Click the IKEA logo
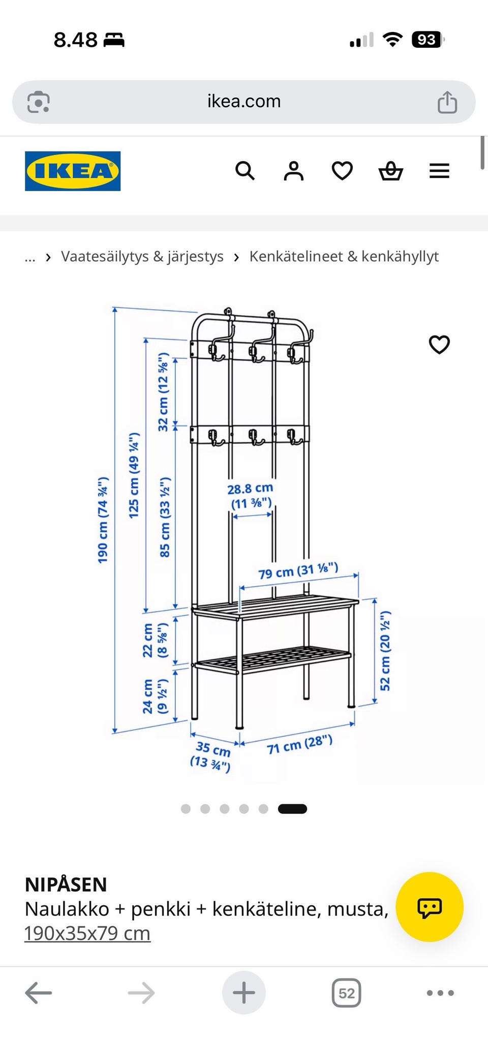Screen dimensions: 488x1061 [x=73, y=171]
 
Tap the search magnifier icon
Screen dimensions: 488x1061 [x=245, y=171]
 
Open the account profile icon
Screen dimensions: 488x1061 [x=293, y=171]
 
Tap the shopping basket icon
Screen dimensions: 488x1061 [x=391, y=171]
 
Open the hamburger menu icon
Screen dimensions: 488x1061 [x=439, y=171]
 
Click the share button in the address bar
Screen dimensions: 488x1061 [x=447, y=102]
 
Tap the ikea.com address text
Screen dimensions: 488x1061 [x=244, y=101]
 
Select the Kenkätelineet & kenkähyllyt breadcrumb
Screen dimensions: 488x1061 [x=344, y=257]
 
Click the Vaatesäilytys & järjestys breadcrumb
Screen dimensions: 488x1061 [x=142, y=257]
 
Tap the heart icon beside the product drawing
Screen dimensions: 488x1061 [x=439, y=345]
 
